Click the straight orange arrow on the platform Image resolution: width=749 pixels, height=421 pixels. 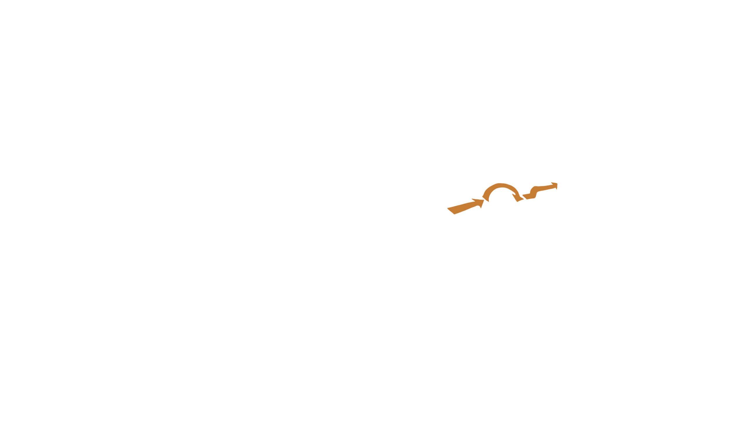(465, 207)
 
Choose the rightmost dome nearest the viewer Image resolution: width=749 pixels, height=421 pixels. (595, 155)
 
